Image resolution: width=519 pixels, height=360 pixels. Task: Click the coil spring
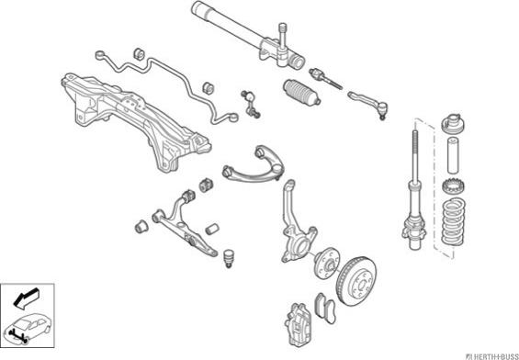click(454, 221)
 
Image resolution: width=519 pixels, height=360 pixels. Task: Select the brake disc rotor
click(356, 281)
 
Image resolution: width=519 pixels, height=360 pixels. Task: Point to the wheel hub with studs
click(326, 263)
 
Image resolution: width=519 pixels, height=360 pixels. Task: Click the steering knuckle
click(295, 229)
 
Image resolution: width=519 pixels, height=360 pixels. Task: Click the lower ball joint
click(228, 259)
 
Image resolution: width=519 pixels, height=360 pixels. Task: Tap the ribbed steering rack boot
click(302, 93)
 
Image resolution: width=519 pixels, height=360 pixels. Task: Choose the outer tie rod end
click(368, 103)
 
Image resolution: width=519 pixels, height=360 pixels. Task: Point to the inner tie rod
click(325, 78)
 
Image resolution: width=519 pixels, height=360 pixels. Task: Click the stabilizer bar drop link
click(251, 104)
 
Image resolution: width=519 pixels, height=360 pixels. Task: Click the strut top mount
click(454, 122)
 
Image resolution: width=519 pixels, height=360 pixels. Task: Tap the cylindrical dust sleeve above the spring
click(454, 155)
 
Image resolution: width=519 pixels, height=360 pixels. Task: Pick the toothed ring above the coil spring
click(454, 187)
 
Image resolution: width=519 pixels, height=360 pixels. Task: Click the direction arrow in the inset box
click(27, 298)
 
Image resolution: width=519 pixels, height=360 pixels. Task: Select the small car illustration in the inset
click(28, 328)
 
